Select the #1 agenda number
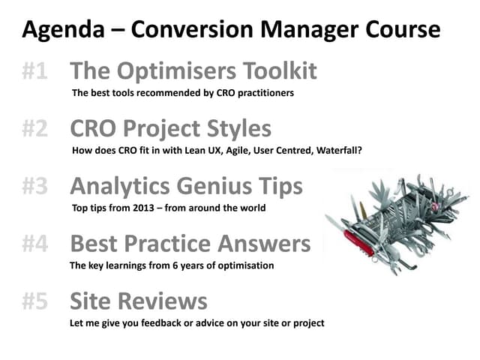click(35, 71)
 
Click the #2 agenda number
click(35, 128)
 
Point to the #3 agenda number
click(35, 185)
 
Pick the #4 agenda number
click(35, 243)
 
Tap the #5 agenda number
click(35, 301)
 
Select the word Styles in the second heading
click(235, 128)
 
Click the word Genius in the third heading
click(213, 185)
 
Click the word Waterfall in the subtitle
click(334, 150)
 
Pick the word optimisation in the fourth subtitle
click(243, 265)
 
